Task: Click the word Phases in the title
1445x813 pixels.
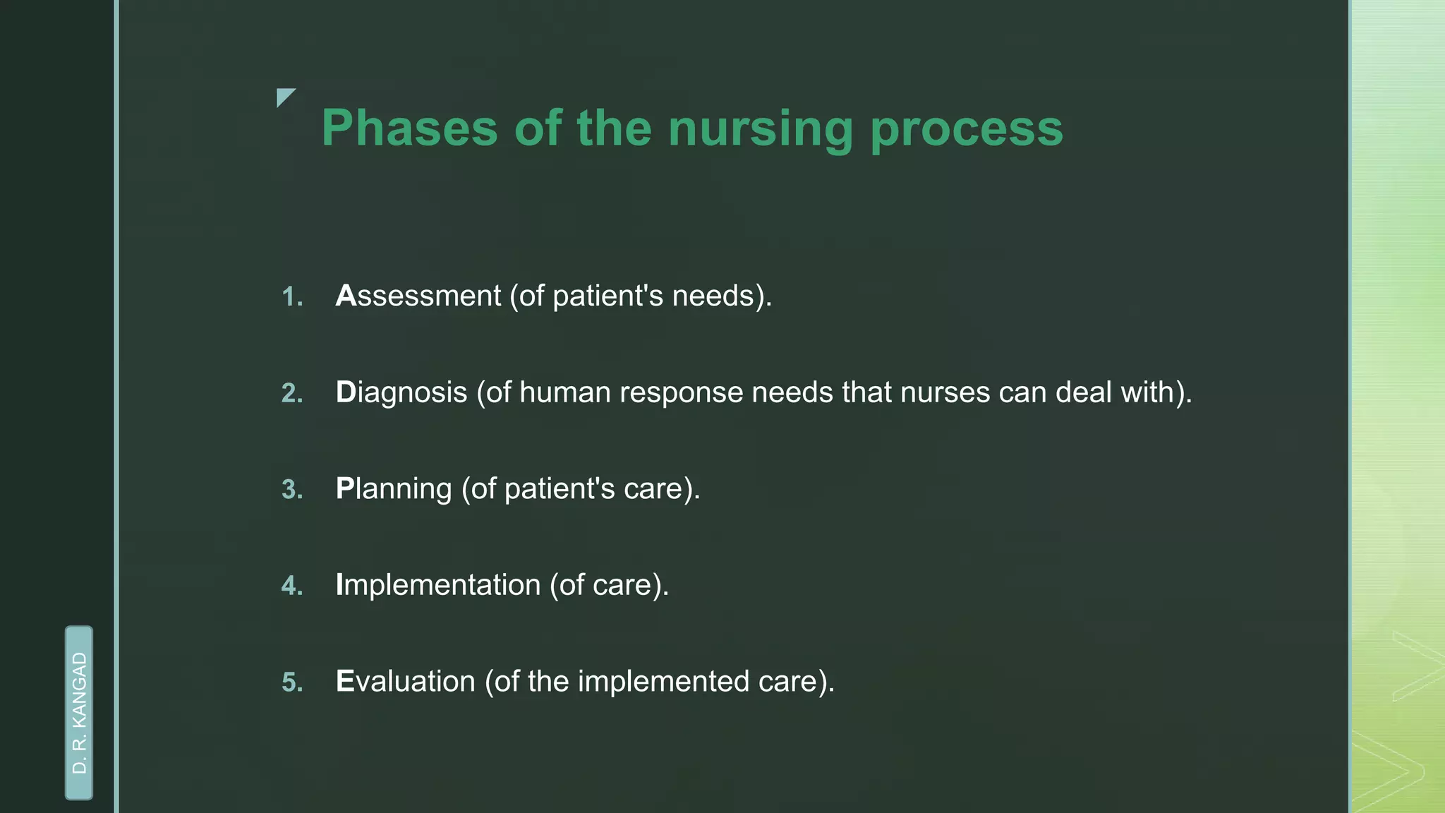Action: pyautogui.click(x=409, y=128)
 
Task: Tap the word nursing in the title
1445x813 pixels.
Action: pyautogui.click(x=761, y=128)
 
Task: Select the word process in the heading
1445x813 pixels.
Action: pyautogui.click(x=967, y=128)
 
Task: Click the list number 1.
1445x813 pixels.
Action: pyautogui.click(x=291, y=297)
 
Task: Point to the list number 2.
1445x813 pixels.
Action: pyautogui.click(x=291, y=394)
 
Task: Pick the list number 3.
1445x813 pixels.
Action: pyautogui.click(x=291, y=490)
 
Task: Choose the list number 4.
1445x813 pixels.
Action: pyautogui.click(x=291, y=586)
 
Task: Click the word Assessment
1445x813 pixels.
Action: pyautogui.click(x=418, y=296)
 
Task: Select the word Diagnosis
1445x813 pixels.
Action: pyautogui.click(x=401, y=392)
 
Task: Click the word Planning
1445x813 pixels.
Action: pyautogui.click(x=393, y=489)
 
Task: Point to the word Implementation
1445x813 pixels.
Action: pyautogui.click(x=437, y=585)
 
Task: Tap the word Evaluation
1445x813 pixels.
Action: pyautogui.click(x=405, y=682)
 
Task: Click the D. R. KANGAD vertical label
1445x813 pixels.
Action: pyautogui.click(x=79, y=713)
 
